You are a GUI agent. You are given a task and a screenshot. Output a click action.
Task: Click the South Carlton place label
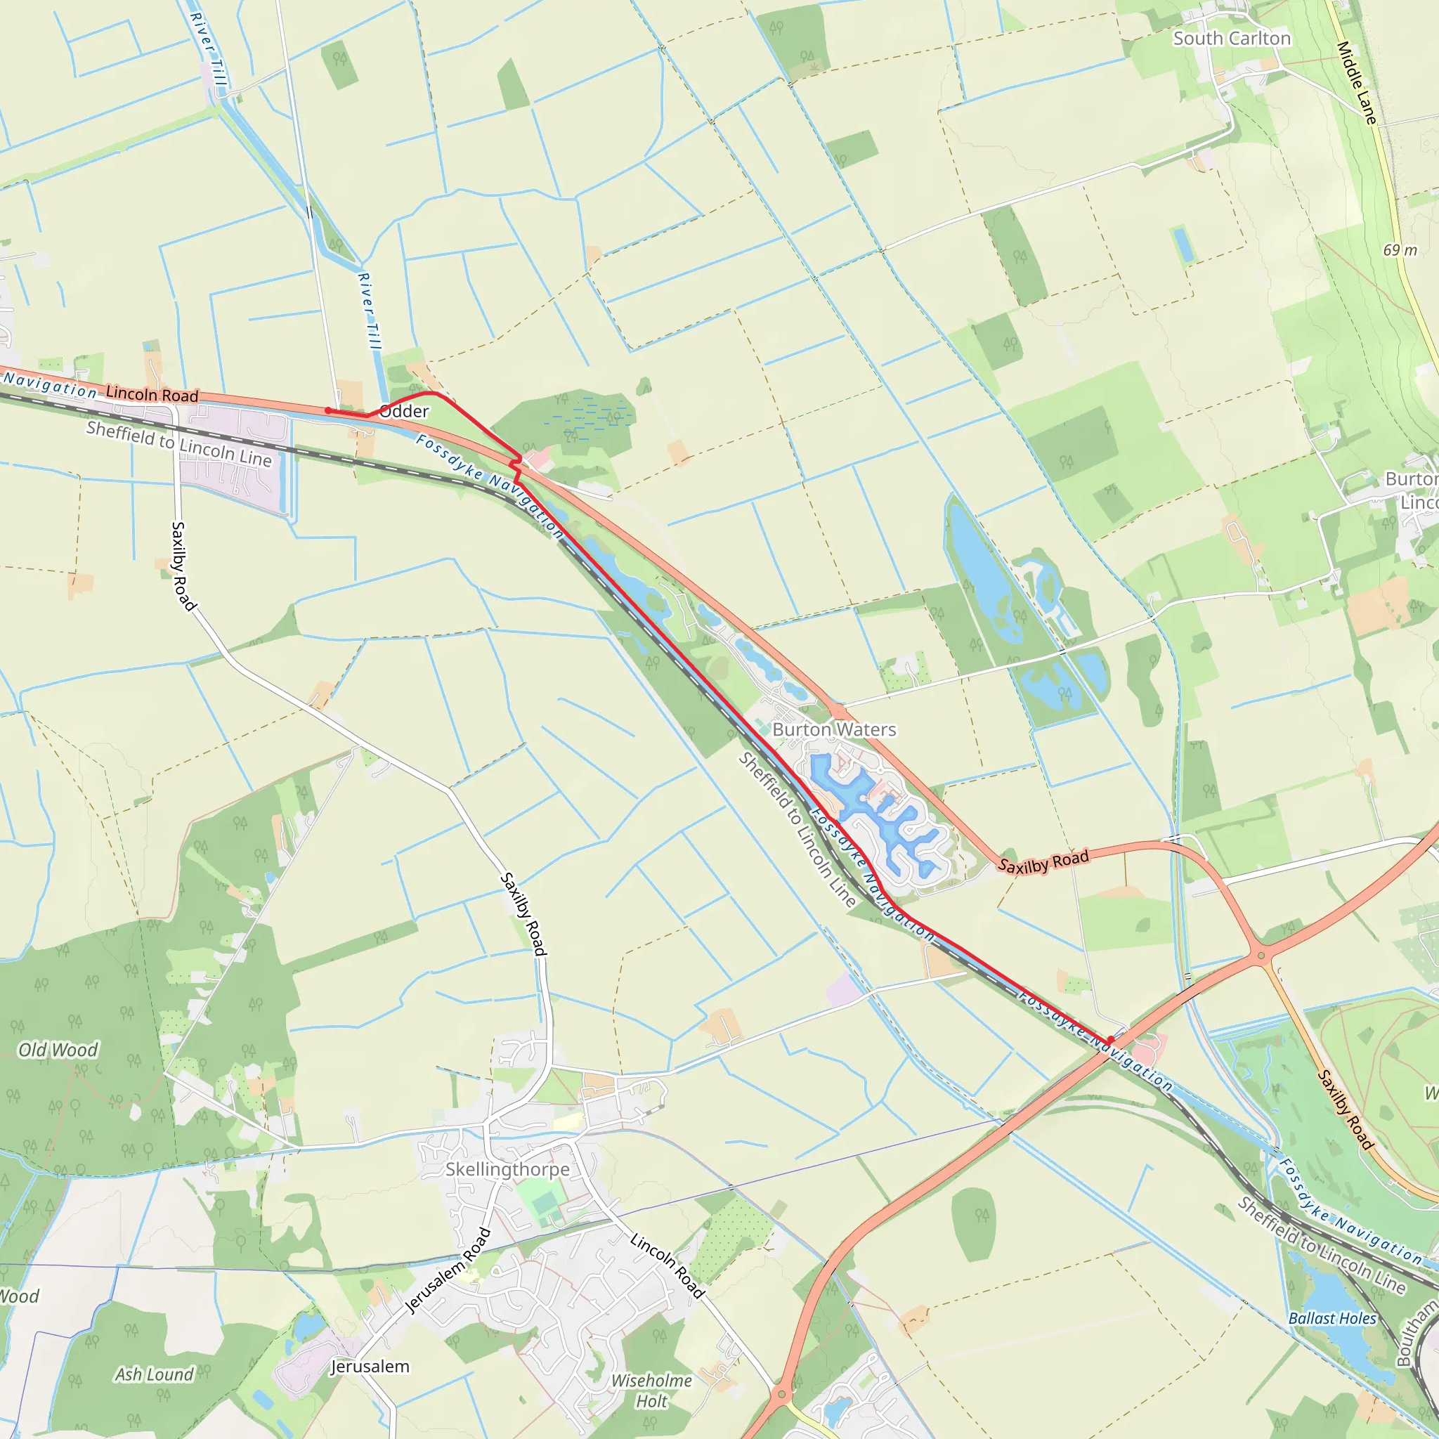click(1231, 39)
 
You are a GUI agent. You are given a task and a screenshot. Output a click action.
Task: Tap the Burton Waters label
click(834, 729)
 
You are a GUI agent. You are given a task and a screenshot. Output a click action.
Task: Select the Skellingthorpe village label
click(507, 1169)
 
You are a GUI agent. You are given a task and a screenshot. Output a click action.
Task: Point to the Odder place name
click(405, 411)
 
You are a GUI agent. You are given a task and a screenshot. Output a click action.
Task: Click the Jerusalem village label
click(370, 1367)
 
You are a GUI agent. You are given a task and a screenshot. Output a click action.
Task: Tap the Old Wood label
click(58, 1050)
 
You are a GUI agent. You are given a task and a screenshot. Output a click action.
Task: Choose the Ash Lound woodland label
click(154, 1374)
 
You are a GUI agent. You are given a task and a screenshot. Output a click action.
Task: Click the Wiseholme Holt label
click(652, 1391)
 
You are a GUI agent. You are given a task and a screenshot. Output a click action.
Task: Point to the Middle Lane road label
click(1356, 82)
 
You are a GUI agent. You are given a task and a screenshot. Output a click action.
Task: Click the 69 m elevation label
click(1400, 250)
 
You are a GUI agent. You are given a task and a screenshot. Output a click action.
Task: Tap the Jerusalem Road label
click(448, 1270)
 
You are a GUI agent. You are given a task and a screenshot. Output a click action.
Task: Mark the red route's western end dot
click(327, 410)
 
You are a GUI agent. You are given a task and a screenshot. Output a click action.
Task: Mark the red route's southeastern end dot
click(1111, 1040)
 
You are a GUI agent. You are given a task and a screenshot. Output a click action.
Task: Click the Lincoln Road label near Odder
click(152, 394)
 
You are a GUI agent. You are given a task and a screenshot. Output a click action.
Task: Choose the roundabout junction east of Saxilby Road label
click(1261, 956)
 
